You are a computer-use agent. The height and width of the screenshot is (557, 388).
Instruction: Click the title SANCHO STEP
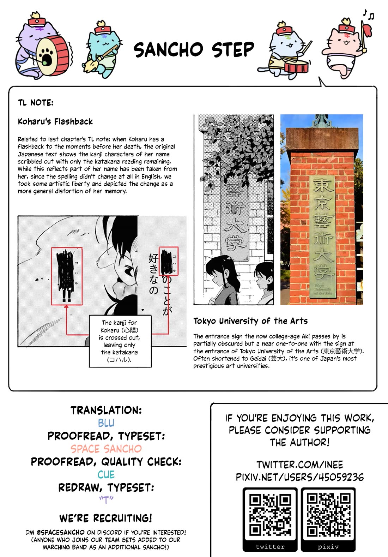pyautogui.click(x=194, y=50)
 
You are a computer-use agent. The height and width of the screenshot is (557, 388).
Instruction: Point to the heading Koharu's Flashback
pyautogui.click(x=55, y=122)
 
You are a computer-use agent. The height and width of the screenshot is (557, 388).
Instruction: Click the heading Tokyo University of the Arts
pyautogui.click(x=250, y=321)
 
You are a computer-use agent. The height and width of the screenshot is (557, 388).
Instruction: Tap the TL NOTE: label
pyautogui.click(x=36, y=103)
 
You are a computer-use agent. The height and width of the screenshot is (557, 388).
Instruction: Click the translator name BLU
pyautogui.click(x=106, y=423)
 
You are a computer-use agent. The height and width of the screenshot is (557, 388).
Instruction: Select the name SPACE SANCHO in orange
pyautogui.click(x=106, y=449)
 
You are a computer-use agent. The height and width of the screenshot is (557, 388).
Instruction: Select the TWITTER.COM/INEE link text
pyautogui.click(x=299, y=465)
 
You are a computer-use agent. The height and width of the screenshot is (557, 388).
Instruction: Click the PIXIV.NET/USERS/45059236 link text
pyautogui.click(x=299, y=478)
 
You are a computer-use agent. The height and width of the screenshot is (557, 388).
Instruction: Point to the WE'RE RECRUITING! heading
pyautogui.click(x=106, y=519)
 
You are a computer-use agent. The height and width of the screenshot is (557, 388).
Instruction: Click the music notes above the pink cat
pyautogui.click(x=369, y=14)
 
